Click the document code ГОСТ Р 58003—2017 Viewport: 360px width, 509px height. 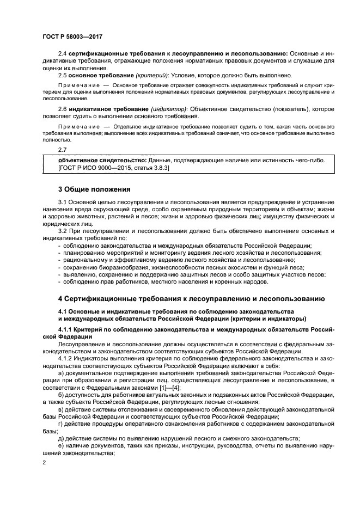72,36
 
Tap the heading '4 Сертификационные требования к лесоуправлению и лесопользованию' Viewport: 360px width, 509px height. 191,298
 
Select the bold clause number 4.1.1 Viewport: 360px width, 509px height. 66,330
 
